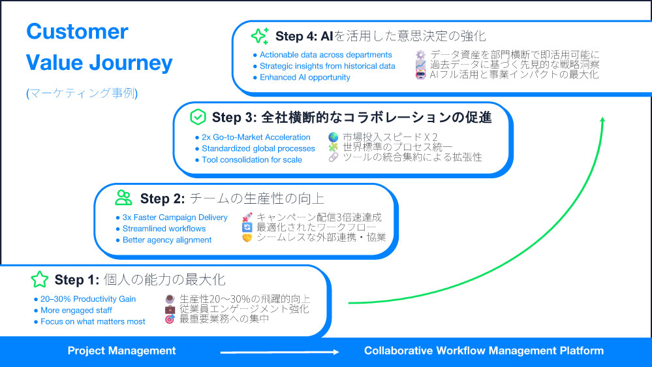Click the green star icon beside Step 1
pos(40,280)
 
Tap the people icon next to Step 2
pos(123,197)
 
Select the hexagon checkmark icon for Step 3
pos(198,117)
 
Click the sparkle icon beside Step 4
pos(260,35)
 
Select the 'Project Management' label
pos(121,351)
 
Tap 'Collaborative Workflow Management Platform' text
pos(484,351)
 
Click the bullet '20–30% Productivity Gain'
pos(88,299)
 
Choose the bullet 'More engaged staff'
pos(76,310)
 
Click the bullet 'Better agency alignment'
pos(167,240)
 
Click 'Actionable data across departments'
pos(326,55)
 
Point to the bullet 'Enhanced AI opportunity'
pos(305,77)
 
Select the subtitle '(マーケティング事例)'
pos(82,93)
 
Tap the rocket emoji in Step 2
pos(247,217)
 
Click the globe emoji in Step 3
pos(333,137)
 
